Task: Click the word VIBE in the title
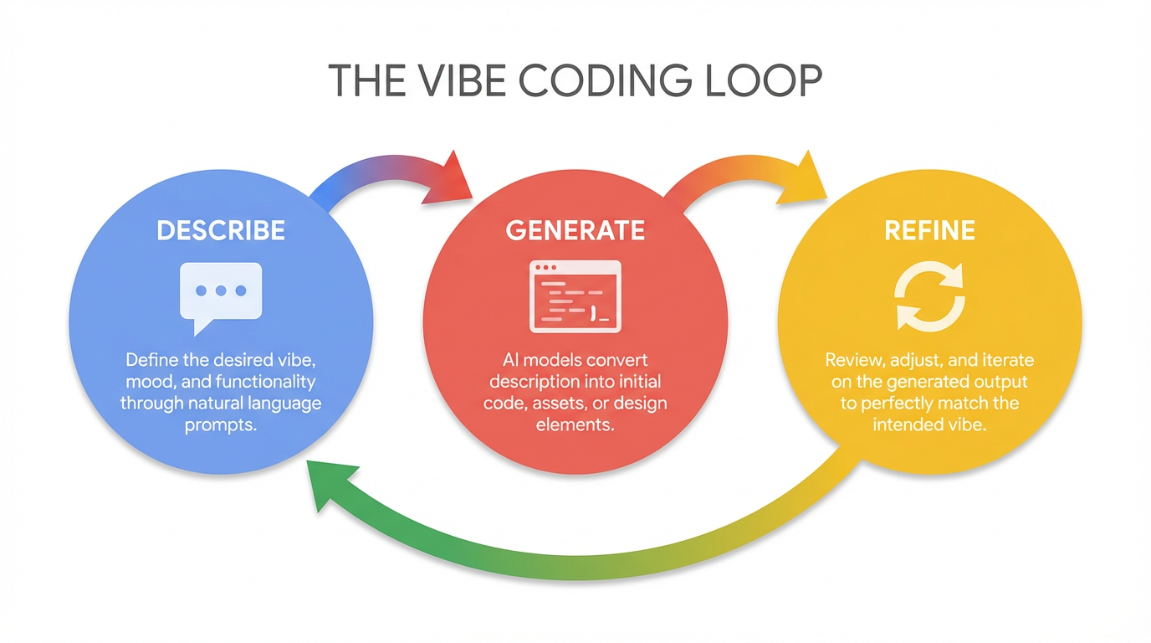point(458,80)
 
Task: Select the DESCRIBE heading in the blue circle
point(221,230)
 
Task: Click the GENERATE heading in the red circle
point(575,230)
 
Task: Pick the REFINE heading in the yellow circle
point(929,230)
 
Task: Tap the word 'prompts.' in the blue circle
point(221,425)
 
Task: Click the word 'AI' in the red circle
point(511,360)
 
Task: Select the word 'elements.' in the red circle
point(575,425)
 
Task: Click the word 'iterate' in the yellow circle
point(1006,360)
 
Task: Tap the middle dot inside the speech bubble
point(221,291)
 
